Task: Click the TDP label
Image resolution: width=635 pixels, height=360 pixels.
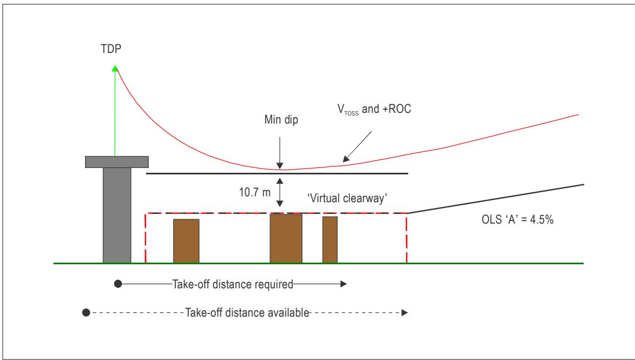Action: (x=111, y=49)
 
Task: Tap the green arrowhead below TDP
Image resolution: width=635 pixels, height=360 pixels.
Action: (x=115, y=68)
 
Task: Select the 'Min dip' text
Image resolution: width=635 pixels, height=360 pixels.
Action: (x=281, y=120)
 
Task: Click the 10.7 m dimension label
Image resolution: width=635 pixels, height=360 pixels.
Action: (x=255, y=192)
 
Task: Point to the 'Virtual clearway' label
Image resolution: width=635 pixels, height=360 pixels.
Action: (x=348, y=198)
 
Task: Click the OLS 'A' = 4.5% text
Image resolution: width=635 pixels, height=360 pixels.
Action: (x=517, y=219)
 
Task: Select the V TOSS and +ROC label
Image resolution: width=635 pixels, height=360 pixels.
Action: (x=374, y=109)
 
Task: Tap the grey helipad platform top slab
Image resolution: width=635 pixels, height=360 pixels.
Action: (x=117, y=162)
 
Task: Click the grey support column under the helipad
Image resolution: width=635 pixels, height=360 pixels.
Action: (x=117, y=216)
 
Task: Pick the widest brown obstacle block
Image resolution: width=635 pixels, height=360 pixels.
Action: (x=286, y=239)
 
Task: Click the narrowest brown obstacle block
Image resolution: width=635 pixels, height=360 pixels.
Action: (x=330, y=240)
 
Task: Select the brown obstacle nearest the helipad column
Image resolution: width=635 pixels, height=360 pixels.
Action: (x=186, y=241)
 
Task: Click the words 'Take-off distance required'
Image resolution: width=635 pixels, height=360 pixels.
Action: (x=233, y=284)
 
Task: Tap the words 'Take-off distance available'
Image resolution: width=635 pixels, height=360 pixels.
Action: (x=247, y=312)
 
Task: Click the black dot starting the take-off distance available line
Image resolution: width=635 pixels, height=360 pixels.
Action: (x=86, y=312)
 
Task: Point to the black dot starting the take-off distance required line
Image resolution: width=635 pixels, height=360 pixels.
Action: (x=118, y=284)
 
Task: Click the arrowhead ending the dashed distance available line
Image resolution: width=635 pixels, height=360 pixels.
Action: (x=404, y=312)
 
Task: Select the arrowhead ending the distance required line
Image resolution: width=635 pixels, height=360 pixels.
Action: (x=344, y=284)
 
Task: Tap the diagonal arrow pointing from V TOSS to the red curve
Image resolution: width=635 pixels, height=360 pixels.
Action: (x=357, y=147)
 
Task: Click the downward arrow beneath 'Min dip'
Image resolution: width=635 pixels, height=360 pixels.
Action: (x=279, y=153)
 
